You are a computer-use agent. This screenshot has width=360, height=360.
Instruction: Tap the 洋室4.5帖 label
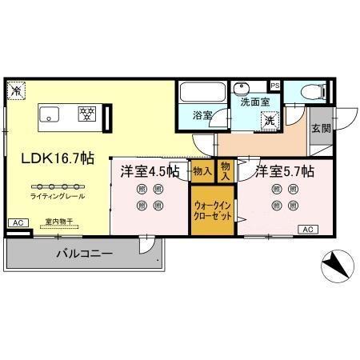click(x=150, y=170)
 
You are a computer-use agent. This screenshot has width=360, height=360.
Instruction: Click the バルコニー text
click(x=84, y=254)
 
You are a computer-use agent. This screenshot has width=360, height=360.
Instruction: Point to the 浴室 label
click(x=202, y=115)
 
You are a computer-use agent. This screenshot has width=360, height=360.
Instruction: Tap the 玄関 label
click(x=321, y=128)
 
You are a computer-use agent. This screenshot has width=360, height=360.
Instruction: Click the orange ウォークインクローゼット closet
click(x=212, y=210)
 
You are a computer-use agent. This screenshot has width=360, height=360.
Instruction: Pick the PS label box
click(x=275, y=86)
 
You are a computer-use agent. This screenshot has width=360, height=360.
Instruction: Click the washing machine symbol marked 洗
click(x=270, y=121)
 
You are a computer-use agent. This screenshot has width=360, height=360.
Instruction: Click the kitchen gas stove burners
click(x=86, y=114)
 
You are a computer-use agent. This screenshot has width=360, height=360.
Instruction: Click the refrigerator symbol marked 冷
click(x=15, y=91)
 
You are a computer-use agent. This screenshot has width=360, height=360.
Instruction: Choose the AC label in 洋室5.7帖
click(x=309, y=230)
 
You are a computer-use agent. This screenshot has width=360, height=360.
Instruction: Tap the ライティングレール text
click(x=57, y=196)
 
